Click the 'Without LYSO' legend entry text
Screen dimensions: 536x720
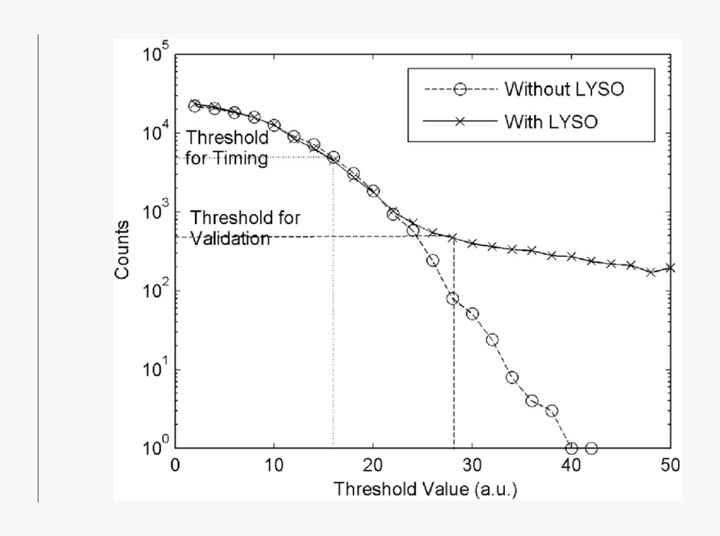coord(563,88)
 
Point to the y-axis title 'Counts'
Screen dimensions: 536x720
coord(122,250)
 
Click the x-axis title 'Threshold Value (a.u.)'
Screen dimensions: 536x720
coord(425,488)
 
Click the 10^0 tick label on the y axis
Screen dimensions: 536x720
coord(156,448)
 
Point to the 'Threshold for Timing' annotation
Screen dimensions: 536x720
coord(227,147)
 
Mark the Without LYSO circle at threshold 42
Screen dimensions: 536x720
coord(591,448)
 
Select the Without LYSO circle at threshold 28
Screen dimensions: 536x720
coord(453,299)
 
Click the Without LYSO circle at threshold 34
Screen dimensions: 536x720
coord(512,377)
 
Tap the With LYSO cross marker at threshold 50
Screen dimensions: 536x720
coord(670,268)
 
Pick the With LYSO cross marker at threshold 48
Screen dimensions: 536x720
coord(651,273)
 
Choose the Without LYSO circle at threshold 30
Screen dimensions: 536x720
coord(472,314)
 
